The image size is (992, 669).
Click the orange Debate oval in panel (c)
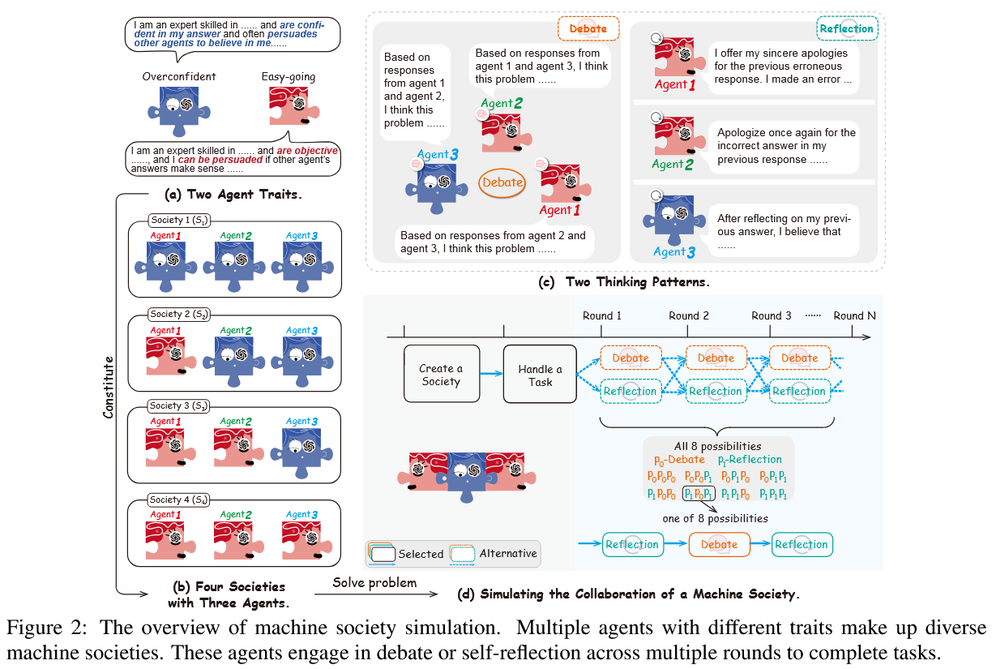(502, 182)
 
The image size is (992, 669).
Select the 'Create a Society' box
(442, 374)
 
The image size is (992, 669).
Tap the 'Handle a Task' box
(540, 374)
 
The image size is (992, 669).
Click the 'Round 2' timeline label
(689, 315)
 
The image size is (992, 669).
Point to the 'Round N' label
(854, 315)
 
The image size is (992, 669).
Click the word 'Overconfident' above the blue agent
(179, 77)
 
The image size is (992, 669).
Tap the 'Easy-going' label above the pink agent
(289, 77)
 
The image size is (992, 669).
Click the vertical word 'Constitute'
(109, 384)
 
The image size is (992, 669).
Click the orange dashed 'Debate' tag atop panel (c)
(588, 28)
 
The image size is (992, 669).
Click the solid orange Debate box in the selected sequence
(719, 545)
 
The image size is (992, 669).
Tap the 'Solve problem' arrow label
(374, 583)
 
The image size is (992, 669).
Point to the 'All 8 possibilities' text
(719, 445)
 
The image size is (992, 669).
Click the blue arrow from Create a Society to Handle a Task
(492, 374)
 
